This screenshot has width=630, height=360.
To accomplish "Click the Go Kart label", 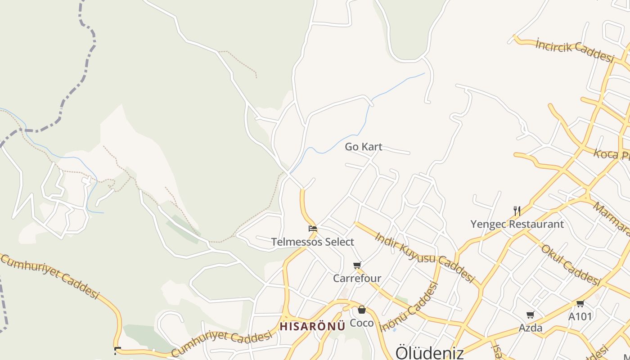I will pos(364,147).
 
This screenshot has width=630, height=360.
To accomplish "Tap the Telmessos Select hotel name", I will pos(313,242).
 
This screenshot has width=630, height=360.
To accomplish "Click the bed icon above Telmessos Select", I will pos(312,229).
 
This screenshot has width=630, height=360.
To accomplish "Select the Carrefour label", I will pos(357,279).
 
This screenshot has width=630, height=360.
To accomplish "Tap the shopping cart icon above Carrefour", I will pos(357,265).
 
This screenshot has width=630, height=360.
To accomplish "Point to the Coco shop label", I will pos(362,323).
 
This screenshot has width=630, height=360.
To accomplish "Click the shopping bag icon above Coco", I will pos(362,310).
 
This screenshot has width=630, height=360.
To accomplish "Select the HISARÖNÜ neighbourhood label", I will pos(312,326).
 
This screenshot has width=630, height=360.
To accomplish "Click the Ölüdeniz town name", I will pos(429,352).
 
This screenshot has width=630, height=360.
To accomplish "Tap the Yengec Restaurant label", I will pos(517,224).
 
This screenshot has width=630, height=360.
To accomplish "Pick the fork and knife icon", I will pos(517,211).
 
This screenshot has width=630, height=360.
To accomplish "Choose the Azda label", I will pos(531,328).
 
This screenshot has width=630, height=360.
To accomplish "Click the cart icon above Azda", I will pos(531,315).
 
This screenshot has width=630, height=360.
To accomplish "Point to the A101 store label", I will pos(580,317).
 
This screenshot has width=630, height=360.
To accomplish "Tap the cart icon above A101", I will pos(580,303).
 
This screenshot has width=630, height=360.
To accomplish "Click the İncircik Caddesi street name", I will pos(575,49).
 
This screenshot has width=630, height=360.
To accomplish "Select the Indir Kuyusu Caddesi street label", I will pos(424,257).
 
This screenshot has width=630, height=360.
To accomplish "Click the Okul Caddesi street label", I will pos(571,265).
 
